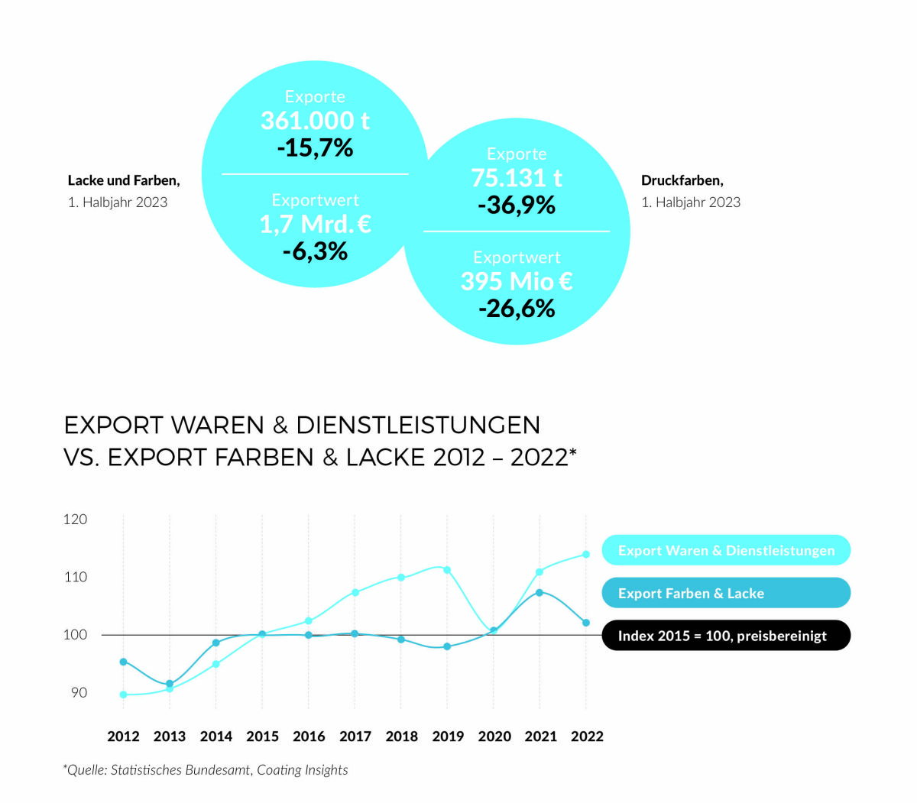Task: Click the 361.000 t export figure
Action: tap(315, 121)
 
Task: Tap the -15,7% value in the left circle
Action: tap(315, 147)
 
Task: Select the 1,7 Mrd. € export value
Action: tap(315, 224)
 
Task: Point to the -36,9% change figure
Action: tap(517, 205)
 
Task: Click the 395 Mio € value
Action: tap(517, 281)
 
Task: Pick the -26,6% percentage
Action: tap(517, 309)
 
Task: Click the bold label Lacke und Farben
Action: tap(124, 180)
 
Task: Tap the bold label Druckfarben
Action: tap(682, 180)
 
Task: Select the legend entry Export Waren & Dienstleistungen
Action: tap(726, 550)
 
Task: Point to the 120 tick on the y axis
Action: tap(75, 520)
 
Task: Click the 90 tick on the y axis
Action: tap(79, 692)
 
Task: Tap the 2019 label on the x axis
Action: tap(448, 737)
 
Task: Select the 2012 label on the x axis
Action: tap(123, 737)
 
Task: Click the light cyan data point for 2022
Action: tap(586, 555)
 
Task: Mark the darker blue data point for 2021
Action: tap(540, 592)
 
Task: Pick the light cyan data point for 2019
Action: tap(447, 570)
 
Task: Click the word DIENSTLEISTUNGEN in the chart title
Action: tap(418, 425)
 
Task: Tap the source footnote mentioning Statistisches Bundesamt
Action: tap(206, 770)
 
